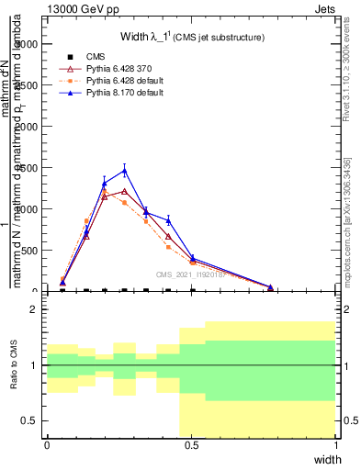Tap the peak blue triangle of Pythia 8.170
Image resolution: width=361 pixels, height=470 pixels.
tap(125, 170)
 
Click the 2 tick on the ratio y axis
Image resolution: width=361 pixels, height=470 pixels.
tap(33, 309)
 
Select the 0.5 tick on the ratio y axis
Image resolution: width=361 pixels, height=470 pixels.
tap(30, 420)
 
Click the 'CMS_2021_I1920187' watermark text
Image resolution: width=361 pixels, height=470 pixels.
tap(194, 274)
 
